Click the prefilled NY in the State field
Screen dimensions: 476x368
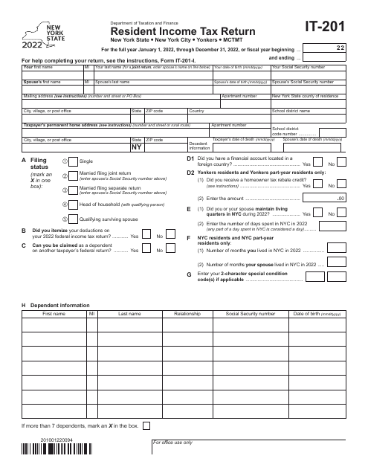coord(136,147)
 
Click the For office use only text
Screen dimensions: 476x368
coord(172,463)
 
